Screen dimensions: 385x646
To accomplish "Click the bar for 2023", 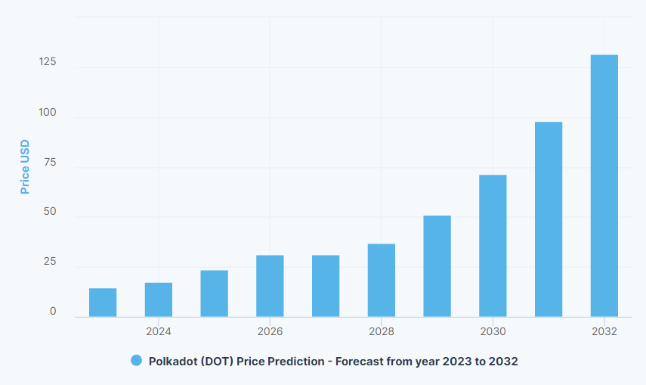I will [x=103, y=303].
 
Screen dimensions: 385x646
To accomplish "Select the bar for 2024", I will [x=159, y=300].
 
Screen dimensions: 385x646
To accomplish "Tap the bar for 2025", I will [x=215, y=293].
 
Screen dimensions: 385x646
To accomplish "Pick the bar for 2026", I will [x=270, y=286].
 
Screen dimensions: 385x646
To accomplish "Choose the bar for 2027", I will [x=326, y=286].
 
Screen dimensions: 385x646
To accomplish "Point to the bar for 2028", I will [x=382, y=280].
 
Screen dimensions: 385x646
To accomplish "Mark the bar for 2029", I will [x=437, y=266].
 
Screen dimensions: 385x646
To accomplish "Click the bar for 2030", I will [x=493, y=246].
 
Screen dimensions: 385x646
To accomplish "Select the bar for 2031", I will [x=549, y=219].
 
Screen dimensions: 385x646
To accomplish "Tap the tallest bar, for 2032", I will [x=604, y=186].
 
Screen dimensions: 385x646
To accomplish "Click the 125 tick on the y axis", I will [x=48, y=61].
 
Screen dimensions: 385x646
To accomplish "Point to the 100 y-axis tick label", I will [x=48, y=112].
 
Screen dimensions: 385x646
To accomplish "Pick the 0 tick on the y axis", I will [x=53, y=312].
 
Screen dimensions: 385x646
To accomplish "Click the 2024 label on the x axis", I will [x=159, y=331].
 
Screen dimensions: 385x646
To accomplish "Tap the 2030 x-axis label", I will [x=493, y=331].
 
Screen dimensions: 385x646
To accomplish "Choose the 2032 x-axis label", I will [x=604, y=331].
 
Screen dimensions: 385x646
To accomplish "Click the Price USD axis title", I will [x=25, y=166].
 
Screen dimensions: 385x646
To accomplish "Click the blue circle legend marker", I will [x=137, y=361].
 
